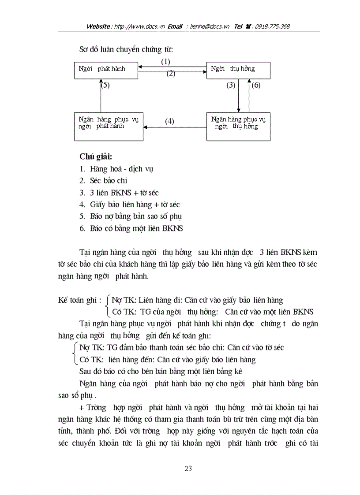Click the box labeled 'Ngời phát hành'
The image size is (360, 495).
[x=106, y=71]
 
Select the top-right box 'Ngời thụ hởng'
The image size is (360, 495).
[x=238, y=71]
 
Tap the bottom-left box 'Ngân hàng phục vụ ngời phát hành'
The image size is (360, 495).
[x=109, y=127]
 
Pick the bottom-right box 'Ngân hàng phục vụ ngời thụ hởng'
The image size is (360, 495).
[x=238, y=127]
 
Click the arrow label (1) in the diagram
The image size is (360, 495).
[x=165, y=62]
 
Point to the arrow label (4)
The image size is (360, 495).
[x=169, y=121]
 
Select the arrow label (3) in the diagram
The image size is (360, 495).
[x=231, y=86]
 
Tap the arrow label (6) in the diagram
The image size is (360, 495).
[x=256, y=86]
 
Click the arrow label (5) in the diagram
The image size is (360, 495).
[x=105, y=86]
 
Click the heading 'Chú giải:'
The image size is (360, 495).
[x=96, y=156]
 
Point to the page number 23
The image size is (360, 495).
[x=188, y=469]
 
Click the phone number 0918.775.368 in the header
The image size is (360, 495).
[x=272, y=26]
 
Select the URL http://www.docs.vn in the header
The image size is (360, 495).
[x=139, y=26]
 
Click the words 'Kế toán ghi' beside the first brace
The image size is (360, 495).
[x=77, y=300]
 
